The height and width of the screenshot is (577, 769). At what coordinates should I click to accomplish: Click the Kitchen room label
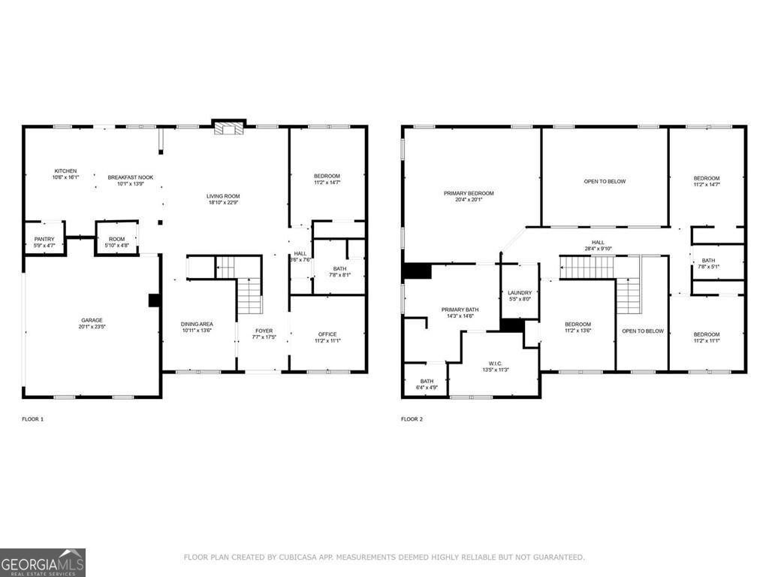click(x=65, y=171)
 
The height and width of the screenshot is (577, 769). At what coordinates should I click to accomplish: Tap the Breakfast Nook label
click(x=130, y=177)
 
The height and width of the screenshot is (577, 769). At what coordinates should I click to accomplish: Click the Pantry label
click(x=44, y=239)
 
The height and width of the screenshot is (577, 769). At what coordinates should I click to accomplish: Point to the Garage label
click(x=92, y=319)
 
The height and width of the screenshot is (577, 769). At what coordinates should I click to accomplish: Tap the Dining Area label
click(x=197, y=324)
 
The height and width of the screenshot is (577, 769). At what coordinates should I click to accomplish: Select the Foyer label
click(x=264, y=331)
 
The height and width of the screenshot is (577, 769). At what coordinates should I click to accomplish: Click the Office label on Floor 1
click(x=327, y=334)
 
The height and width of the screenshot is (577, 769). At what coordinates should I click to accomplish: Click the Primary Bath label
click(x=460, y=310)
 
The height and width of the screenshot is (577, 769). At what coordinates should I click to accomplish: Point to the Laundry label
click(x=520, y=293)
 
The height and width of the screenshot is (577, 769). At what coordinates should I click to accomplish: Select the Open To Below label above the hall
click(x=605, y=181)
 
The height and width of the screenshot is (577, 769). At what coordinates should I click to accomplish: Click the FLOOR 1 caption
click(x=32, y=418)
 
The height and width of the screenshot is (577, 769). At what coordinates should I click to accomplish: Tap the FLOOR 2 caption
click(x=412, y=418)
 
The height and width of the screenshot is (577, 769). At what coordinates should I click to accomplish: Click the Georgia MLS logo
click(x=43, y=562)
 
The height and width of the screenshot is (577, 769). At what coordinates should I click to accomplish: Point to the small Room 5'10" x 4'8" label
click(x=116, y=239)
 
